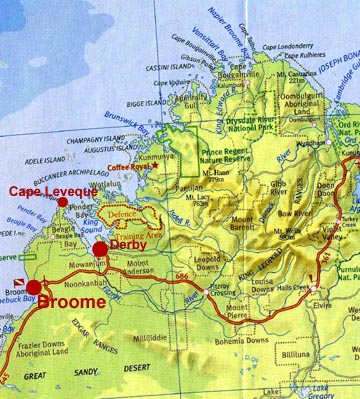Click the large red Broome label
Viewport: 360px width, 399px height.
tap(76, 300)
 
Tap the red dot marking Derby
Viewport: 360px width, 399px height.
tap(100, 249)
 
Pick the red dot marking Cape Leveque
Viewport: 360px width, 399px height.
tap(63, 202)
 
